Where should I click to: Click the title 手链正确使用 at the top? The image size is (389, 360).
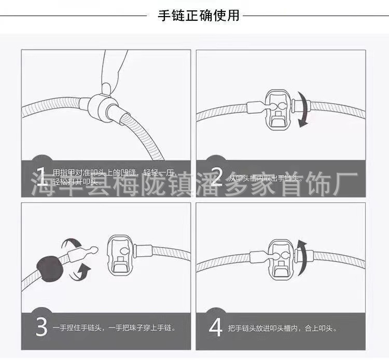(199, 16)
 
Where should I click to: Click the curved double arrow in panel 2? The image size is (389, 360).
(302, 109)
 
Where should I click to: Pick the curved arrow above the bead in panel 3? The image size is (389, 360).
(72, 244)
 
